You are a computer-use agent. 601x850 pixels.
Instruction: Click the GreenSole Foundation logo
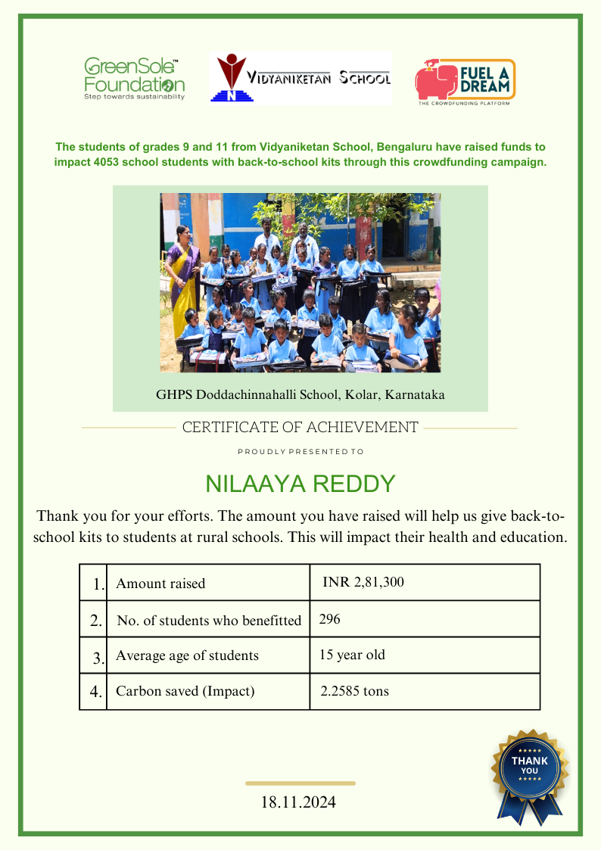click(134, 78)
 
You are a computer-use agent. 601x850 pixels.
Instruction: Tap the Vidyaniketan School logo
click(300, 78)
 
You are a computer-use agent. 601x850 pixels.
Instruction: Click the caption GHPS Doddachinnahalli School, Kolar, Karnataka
click(300, 394)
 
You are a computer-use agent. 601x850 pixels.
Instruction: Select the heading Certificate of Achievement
click(300, 428)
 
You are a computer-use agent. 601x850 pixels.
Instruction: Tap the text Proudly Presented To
click(300, 451)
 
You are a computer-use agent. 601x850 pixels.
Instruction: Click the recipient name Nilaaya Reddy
click(300, 484)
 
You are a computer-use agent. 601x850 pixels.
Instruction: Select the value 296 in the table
click(330, 619)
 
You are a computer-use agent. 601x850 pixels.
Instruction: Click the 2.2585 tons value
click(355, 691)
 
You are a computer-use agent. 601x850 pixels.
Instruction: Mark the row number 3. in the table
click(98, 657)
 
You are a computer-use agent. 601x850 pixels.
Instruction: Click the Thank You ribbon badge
click(530, 772)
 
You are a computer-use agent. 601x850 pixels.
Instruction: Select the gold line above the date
click(300, 783)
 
